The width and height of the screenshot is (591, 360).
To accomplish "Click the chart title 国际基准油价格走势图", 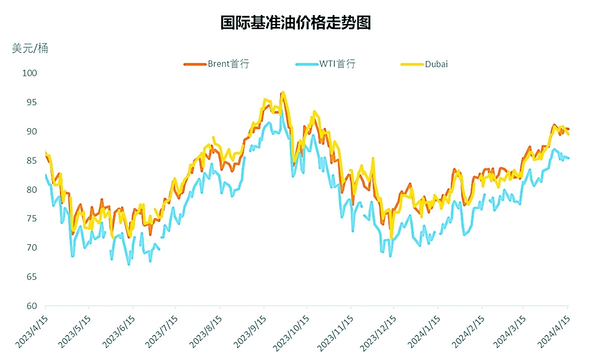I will [x=295, y=23].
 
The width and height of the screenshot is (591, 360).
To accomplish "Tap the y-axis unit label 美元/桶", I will [x=30, y=49].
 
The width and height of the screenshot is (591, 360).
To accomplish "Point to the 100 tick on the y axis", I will [x=30, y=73].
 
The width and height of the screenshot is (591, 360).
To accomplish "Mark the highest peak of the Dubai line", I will [x=283, y=92].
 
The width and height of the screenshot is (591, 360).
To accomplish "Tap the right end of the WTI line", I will [x=568, y=158].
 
